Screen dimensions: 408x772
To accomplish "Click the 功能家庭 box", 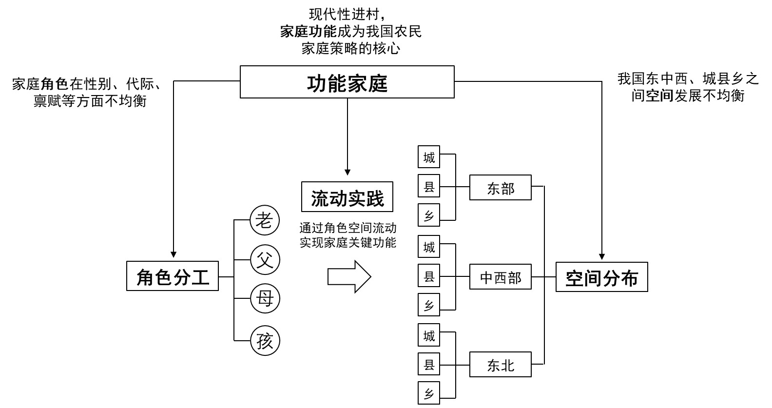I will point(347,82).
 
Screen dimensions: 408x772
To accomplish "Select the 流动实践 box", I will point(347,197).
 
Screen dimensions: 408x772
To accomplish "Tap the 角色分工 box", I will point(173,276).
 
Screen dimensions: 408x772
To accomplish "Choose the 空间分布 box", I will point(601,277).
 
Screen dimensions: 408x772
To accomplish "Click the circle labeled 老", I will point(265,221).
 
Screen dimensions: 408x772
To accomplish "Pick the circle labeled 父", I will point(265,259).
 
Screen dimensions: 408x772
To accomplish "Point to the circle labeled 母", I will point(265,298).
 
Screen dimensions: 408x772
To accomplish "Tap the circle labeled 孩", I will point(265,341).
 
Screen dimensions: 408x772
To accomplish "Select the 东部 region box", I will point(500,188).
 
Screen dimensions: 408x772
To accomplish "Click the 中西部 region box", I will point(500,277).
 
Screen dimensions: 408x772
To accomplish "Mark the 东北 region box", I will point(500,365).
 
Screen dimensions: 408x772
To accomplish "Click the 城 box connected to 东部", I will point(429,157).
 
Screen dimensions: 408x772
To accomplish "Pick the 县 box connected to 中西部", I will point(429,276).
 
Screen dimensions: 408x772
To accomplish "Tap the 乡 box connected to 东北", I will point(429,393).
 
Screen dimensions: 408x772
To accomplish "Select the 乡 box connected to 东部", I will point(429,215).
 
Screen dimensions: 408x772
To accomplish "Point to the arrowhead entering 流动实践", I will point(347,172).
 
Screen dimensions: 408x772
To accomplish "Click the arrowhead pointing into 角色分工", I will point(173,254).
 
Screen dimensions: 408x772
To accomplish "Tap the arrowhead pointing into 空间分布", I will point(602,256).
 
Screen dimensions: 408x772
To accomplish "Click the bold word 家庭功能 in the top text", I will point(308,32).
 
